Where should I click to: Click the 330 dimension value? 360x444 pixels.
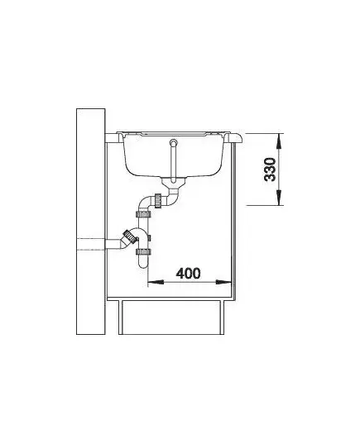tap(270, 169)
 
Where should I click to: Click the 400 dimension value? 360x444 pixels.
tap(188, 273)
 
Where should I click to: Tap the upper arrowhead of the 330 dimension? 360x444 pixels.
tap(279, 141)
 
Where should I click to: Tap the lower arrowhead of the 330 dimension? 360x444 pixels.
tap(279, 198)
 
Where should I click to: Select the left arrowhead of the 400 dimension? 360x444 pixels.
tap(156, 282)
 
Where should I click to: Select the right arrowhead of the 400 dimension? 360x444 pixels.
tap(223, 282)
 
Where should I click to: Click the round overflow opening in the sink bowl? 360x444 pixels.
tap(173, 142)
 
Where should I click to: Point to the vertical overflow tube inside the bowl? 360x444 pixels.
tap(173, 162)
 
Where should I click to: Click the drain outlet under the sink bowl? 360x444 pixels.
tap(173, 182)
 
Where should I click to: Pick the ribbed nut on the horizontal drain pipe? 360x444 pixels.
tap(158, 200)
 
